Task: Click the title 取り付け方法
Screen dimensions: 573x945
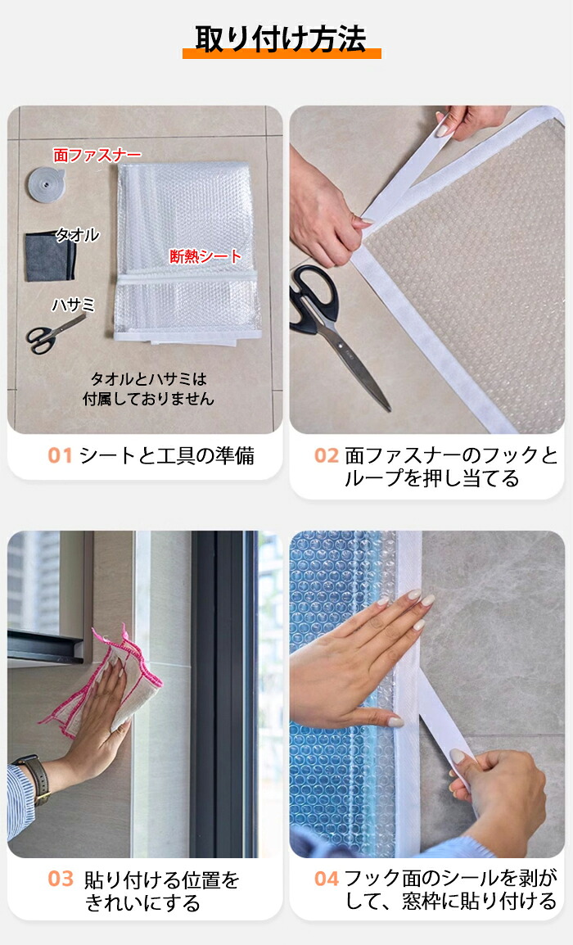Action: (281, 38)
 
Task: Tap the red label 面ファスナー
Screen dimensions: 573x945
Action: (97, 156)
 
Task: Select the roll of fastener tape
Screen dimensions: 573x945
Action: (44, 183)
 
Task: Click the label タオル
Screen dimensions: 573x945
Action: (78, 234)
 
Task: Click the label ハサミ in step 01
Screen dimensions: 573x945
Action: (74, 305)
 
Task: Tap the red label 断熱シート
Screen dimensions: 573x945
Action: (205, 256)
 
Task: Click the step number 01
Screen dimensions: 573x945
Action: (60, 455)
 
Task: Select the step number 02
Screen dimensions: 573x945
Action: (327, 455)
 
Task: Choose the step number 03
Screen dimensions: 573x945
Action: (61, 879)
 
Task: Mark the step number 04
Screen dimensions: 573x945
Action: (327, 879)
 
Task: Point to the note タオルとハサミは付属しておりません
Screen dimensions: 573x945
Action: (148, 389)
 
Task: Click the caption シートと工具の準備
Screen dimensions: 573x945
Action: (166, 455)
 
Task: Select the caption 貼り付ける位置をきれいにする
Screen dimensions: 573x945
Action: (161, 891)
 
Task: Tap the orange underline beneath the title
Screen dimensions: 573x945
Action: (282, 54)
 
